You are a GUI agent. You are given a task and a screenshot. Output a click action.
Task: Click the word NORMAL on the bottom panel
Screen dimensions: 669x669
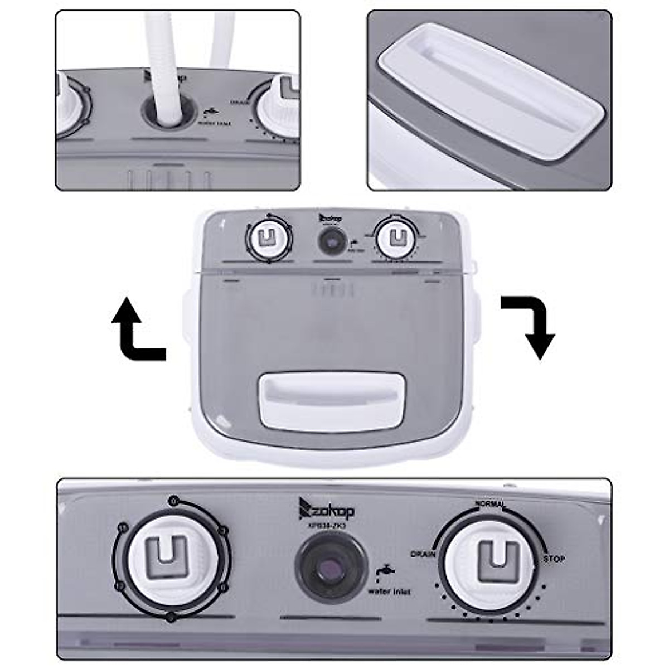(x=489, y=503)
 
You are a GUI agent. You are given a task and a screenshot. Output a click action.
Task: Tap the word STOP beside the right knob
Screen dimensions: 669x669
(x=554, y=559)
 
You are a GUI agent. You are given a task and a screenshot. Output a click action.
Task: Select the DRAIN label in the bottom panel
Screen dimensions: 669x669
(x=423, y=554)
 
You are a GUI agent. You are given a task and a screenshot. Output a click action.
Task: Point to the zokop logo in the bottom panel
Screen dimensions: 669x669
(x=327, y=508)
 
